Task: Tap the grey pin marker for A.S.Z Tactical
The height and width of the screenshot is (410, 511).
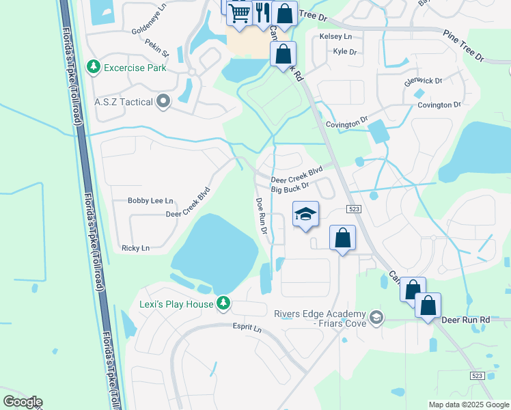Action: coord(163,102)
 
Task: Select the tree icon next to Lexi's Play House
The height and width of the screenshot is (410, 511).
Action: coord(223,303)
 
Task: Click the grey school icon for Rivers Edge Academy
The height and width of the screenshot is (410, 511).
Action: coord(376,317)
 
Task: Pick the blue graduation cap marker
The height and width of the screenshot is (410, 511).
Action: coord(305,215)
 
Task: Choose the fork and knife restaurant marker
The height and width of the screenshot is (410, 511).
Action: coord(262,12)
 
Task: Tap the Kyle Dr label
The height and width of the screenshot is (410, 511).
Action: coord(344,51)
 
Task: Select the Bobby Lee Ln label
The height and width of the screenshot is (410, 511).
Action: coord(150,201)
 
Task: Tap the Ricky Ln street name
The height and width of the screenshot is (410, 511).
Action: coord(135,248)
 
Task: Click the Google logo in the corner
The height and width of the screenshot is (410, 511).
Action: coord(23,401)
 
